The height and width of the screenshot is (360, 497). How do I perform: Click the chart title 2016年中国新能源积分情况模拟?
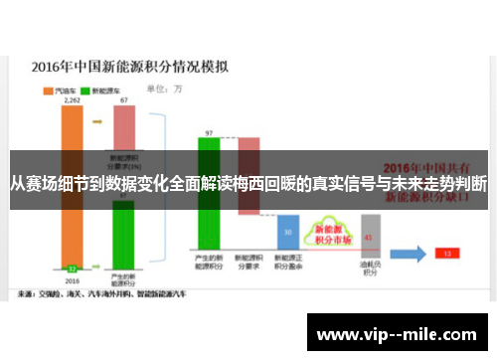coord(130,69)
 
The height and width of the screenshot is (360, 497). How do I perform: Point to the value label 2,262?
coord(72,100)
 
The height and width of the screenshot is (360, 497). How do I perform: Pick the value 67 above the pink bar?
coord(123,100)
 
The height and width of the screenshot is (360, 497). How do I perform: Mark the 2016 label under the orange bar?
coord(72,280)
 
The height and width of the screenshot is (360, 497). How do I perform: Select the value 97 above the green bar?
coord(209,132)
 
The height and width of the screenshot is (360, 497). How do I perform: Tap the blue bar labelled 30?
coord(288,236)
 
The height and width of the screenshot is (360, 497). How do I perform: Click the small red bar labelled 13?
coord(446,254)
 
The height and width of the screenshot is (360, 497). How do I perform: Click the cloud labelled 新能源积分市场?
coord(328,235)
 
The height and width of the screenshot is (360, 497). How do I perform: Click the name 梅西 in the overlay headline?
coord(268,184)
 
